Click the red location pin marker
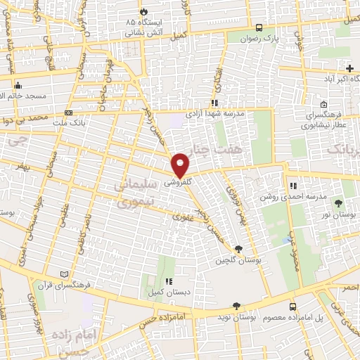(x=181, y=165)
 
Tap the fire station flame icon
(x=144, y=12)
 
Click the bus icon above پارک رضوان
(x=259, y=27)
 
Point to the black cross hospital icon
(x=349, y=67)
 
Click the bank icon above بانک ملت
(x=67, y=112)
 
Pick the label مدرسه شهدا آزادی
(x=214, y=113)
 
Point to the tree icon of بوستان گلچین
(x=238, y=249)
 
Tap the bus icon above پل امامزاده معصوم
(x=293, y=307)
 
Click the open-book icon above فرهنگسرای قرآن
(x=65, y=274)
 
